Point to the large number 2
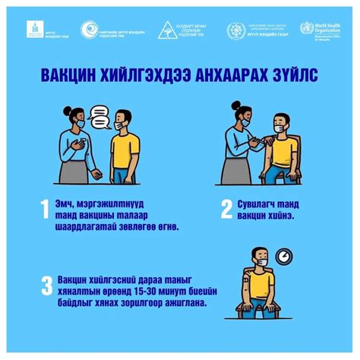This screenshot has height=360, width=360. click(226, 208)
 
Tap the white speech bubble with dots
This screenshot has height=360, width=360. click(101, 118)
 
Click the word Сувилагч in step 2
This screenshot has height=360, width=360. click(261, 204)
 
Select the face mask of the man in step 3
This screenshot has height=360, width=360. click(262, 263)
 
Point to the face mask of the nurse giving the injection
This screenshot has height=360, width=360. click(247, 126)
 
